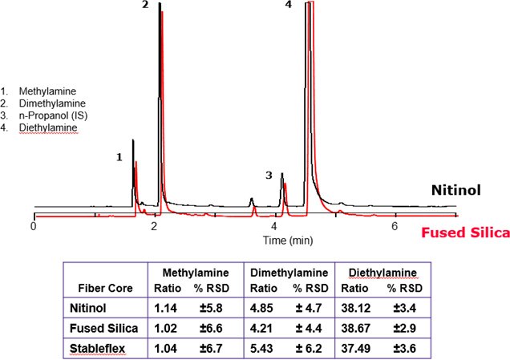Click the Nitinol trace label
tap(456, 191)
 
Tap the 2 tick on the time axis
tap(153, 227)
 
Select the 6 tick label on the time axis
tap(394, 227)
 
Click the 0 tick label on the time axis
tap(34, 227)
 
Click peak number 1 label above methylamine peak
tap(119, 157)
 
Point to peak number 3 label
tap(269, 174)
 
